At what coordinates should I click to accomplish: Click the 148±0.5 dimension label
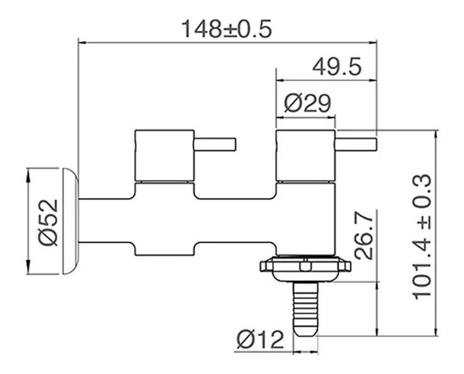pyautogui.click(x=227, y=29)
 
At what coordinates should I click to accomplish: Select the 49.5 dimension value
pyautogui.click(x=337, y=67)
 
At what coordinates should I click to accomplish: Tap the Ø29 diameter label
pyautogui.click(x=308, y=104)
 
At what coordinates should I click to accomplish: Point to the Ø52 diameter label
pyautogui.click(x=48, y=223)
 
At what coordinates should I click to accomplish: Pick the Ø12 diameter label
pyautogui.click(x=260, y=339)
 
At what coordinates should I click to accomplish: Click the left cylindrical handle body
pyautogui.click(x=165, y=155)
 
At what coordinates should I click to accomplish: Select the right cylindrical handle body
pyautogui.click(x=305, y=155)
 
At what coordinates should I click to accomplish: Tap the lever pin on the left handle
pyautogui.click(x=215, y=144)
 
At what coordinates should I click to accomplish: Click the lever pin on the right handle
pyautogui.click(x=356, y=144)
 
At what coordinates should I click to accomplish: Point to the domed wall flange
pyautogui.click(x=70, y=221)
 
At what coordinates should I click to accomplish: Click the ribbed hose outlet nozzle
pyautogui.click(x=306, y=309)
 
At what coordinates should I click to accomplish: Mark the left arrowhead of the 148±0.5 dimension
pyautogui.click(x=82, y=43)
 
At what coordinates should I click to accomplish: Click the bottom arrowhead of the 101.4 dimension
pyautogui.click(x=436, y=330)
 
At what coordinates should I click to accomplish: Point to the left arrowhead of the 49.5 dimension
pyautogui.click(x=279, y=80)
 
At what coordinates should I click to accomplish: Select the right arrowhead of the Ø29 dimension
pyautogui.click(x=332, y=118)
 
